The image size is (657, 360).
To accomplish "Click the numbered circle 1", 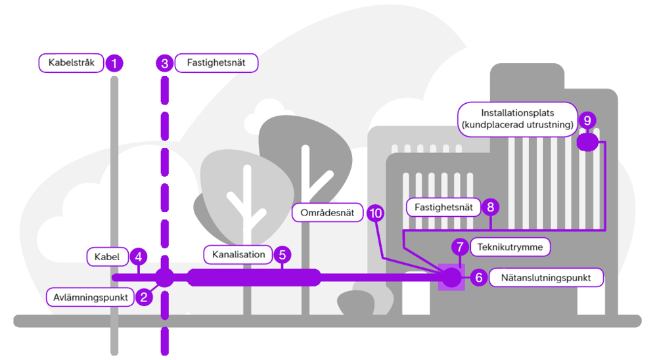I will click(x=114, y=63).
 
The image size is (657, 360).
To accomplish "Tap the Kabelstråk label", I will click(x=72, y=63).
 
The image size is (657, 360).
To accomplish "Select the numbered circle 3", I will click(x=165, y=63).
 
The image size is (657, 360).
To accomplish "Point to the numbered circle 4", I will click(x=138, y=257).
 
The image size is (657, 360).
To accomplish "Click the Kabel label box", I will click(x=106, y=257).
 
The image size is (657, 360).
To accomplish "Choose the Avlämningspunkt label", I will click(x=90, y=296).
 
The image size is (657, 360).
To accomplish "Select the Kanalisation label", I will click(x=238, y=254).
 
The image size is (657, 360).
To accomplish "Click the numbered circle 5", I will click(x=282, y=254).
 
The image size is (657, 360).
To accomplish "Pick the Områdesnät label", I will click(x=327, y=212).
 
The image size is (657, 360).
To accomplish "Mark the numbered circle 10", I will click(x=375, y=212).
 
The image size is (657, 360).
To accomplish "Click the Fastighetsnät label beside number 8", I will click(x=443, y=208).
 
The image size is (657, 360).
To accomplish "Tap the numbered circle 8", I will click(x=489, y=208).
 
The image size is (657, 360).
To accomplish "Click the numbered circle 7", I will click(x=461, y=247).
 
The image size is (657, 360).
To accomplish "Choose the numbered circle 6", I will click(x=479, y=278).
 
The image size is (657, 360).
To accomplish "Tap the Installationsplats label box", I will click(x=518, y=119).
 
